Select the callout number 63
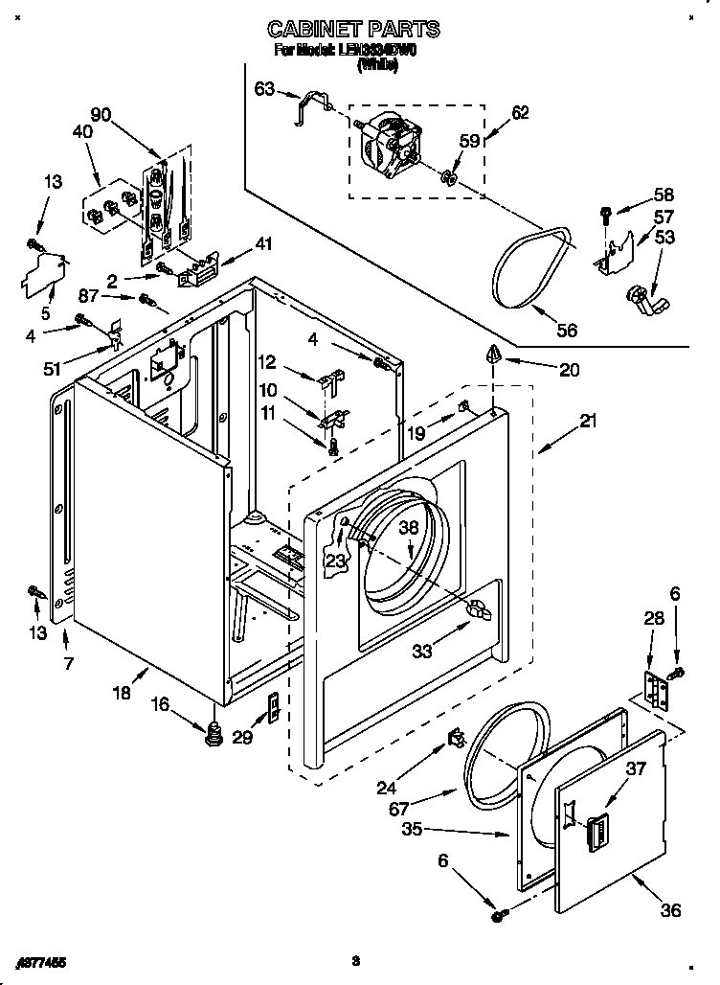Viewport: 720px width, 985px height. [264, 89]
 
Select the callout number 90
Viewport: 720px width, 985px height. [101, 116]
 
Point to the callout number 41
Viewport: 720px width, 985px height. [263, 243]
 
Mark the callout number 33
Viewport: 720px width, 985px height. [421, 651]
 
